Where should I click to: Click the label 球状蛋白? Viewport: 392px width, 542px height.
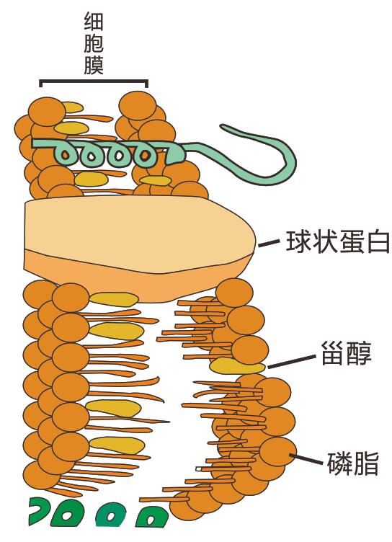pyautogui.click(x=338, y=241)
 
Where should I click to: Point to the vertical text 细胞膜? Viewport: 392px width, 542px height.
pyautogui.click(x=94, y=44)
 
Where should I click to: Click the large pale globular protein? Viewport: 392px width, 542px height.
pyautogui.click(x=138, y=249)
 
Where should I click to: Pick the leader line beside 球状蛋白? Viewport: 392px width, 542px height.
pyautogui.click(x=269, y=244)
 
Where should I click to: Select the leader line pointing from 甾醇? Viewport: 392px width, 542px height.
pyautogui.click(x=292, y=361)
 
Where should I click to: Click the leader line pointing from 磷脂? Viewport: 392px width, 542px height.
pyautogui.click(x=308, y=459)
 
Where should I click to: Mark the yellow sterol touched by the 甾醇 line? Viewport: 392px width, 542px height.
pyautogui.click(x=237, y=365)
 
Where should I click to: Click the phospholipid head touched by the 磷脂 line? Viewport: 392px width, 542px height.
pyautogui.click(x=277, y=453)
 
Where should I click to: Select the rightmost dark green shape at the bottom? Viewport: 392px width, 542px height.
pyautogui.click(x=152, y=517)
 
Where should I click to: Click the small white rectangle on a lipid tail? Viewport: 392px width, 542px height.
pyautogui.click(x=200, y=469)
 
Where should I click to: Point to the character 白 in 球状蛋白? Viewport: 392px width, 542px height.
pyautogui.click(x=378, y=241)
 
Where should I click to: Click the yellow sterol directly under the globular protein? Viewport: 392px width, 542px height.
pyautogui.click(x=114, y=299)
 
